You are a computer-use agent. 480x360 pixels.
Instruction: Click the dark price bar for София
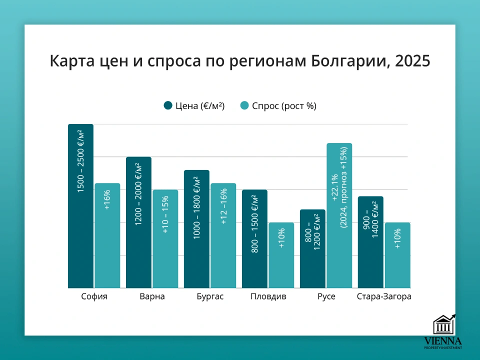(80, 206)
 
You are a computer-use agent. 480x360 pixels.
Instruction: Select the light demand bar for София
(107, 235)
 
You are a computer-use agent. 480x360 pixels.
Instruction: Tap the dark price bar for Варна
(138, 222)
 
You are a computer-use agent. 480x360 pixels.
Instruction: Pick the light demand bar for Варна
(165, 239)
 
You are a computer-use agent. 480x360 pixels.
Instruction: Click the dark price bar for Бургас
(196, 229)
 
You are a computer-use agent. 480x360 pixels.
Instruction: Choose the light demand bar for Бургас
(223, 235)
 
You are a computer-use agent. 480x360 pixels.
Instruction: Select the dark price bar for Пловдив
(254, 239)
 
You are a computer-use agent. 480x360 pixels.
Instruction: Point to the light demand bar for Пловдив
(281, 255)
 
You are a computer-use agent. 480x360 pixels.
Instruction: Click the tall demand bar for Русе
(339, 215)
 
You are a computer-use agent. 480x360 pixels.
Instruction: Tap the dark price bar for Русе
(312, 248)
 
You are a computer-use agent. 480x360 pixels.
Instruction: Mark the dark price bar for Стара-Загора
(370, 242)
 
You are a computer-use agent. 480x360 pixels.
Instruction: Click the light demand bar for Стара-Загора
(397, 255)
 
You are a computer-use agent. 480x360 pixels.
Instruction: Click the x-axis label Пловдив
(268, 297)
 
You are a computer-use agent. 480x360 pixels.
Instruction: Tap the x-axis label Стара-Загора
(384, 297)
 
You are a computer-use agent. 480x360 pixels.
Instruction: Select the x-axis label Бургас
(210, 297)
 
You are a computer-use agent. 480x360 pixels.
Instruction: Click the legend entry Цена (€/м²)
(194, 105)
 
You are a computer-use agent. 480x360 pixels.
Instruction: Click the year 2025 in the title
(412, 61)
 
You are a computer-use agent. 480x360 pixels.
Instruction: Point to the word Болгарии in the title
(349, 61)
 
